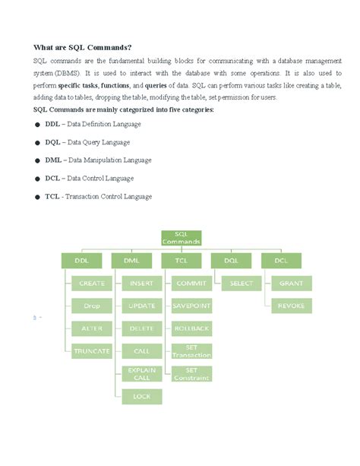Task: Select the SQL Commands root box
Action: click(x=182, y=237)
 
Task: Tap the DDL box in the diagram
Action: click(x=81, y=260)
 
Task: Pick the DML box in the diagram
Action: click(x=131, y=260)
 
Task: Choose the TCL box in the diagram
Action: click(x=182, y=260)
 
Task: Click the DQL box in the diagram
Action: click(x=231, y=260)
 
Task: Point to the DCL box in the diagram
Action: click(x=280, y=260)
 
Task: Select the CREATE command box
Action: click(x=92, y=284)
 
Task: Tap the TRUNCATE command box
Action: click(x=92, y=351)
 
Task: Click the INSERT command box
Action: click(x=141, y=284)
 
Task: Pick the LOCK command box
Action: click(x=141, y=396)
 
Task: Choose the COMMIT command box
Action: click(x=191, y=284)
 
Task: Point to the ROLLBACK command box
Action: click(x=191, y=328)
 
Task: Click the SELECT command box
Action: click(x=241, y=284)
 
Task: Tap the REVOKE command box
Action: click(x=291, y=306)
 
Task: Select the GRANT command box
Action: click(x=291, y=284)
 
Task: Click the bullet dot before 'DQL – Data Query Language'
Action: click(x=37, y=142)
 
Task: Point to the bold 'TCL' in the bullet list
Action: click(x=52, y=196)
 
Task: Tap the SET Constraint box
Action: click(x=191, y=373)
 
